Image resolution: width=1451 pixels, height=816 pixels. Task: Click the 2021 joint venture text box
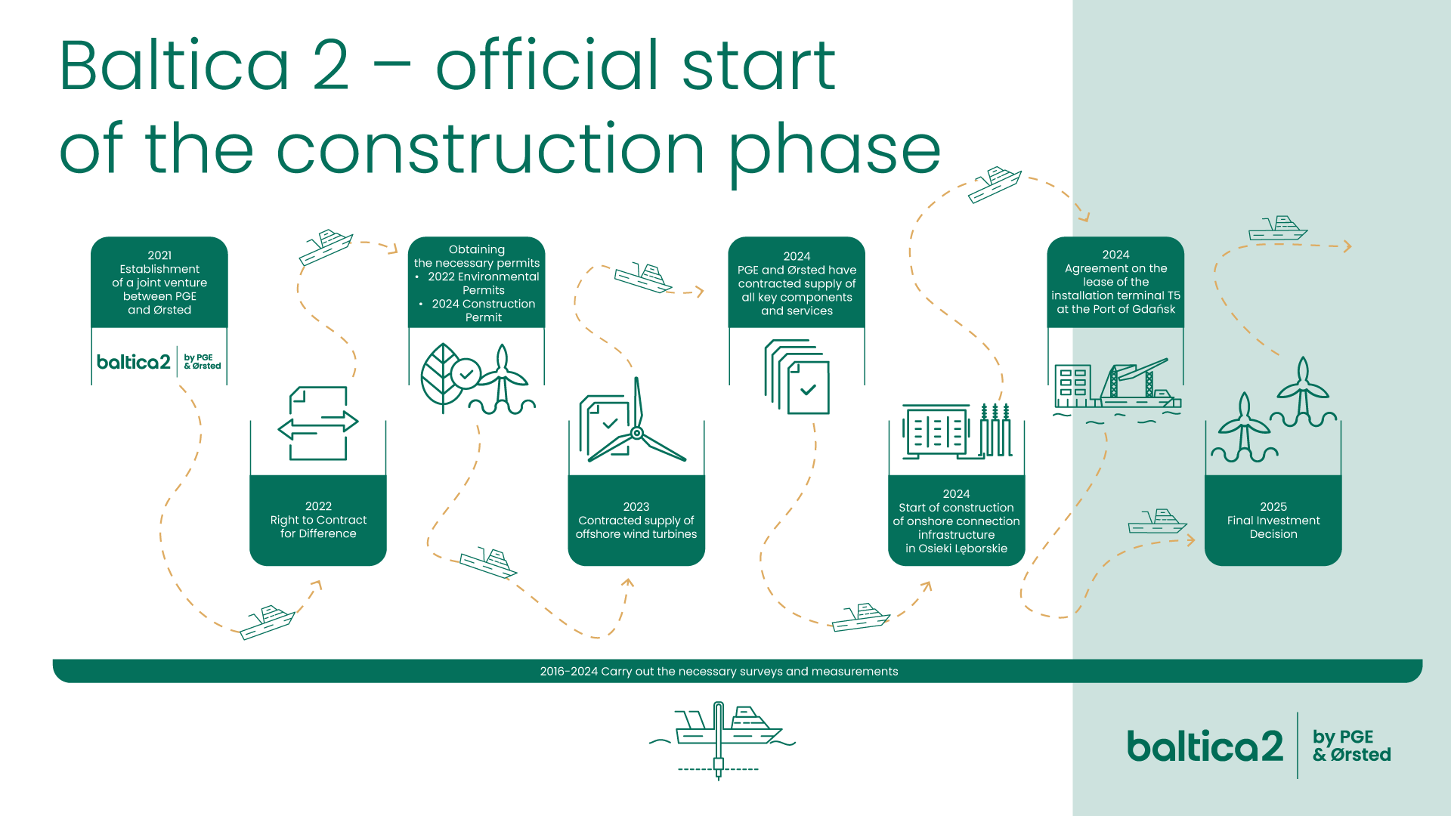159,283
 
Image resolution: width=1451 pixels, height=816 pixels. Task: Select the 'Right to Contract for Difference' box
318,520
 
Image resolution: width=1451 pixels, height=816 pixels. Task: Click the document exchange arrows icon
318,423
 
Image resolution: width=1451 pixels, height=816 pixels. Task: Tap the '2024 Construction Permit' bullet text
483,311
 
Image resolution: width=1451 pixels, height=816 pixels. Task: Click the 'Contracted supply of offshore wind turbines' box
636,520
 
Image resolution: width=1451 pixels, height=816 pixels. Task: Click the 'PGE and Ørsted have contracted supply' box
797,283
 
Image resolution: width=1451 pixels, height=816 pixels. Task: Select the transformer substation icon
957,431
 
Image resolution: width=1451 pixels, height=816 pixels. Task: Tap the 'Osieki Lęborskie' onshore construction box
956,520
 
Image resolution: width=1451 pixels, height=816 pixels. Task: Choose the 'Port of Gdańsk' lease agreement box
1115,283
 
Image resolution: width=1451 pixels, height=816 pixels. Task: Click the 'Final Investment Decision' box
1273,520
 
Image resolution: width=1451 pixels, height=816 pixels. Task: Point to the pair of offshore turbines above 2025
1274,409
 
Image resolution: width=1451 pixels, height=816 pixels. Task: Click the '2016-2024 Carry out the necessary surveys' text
719,671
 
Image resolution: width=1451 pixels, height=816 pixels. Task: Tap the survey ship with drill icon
722,740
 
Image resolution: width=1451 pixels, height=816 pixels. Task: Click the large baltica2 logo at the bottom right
1259,746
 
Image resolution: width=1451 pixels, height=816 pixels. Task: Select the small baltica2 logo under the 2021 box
159,362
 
